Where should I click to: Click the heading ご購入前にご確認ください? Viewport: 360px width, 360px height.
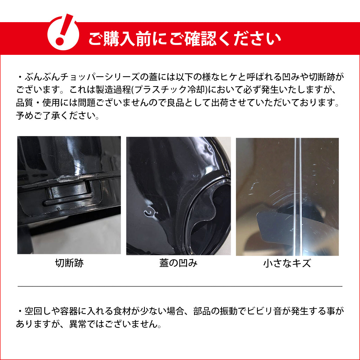point(184,38)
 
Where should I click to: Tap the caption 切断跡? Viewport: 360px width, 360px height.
point(69,263)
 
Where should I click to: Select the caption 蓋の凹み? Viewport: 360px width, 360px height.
point(178,263)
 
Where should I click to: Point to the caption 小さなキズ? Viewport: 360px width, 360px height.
point(287,263)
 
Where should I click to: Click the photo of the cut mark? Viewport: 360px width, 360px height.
point(69,195)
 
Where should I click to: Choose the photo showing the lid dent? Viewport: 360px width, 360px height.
point(178,195)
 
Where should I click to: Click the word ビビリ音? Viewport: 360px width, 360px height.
point(262,311)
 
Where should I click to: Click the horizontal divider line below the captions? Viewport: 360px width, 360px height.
point(180,286)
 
